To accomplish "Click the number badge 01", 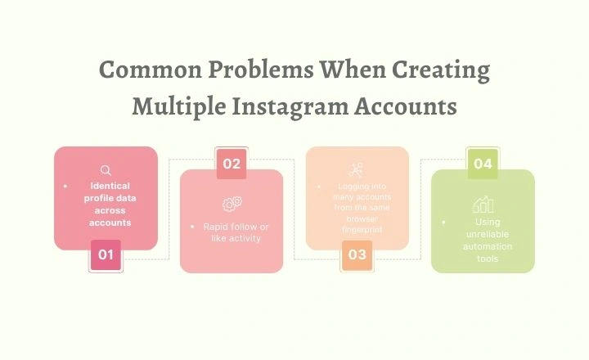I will [x=106, y=254].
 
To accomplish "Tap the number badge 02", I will [x=232, y=164].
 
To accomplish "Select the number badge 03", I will [x=357, y=254].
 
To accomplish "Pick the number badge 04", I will [x=483, y=164].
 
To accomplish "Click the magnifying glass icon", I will [x=106, y=170].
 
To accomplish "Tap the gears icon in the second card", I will [x=232, y=203].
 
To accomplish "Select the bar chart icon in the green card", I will [x=483, y=204].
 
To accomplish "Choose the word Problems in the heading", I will [x=268, y=70].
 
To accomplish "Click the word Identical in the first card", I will [x=110, y=186].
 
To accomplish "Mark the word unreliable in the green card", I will [x=488, y=234].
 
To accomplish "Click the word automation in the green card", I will [x=488, y=246].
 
